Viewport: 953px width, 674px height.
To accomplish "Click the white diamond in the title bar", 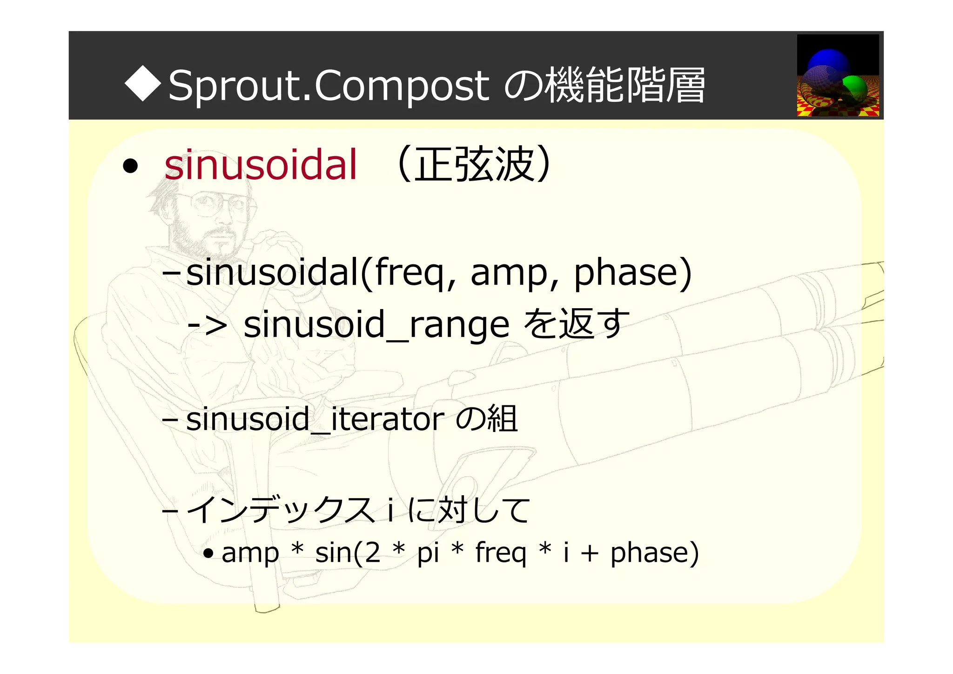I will (143, 83).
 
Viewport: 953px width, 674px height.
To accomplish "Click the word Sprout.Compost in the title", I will (328, 86).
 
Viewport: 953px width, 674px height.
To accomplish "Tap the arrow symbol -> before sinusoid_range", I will (207, 324).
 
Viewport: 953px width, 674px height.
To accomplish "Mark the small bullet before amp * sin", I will (208, 553).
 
